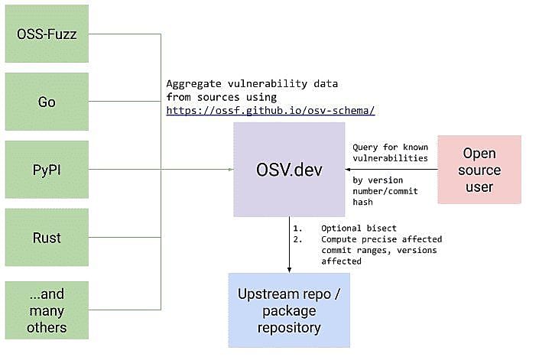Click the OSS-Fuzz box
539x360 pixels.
(47, 34)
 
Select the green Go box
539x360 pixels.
(47, 102)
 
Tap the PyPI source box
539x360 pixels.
(47, 170)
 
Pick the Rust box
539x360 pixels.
(47, 238)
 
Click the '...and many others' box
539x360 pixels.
(47, 310)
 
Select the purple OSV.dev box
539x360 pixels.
(289, 170)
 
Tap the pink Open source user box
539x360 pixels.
(479, 170)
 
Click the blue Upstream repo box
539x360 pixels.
(289, 310)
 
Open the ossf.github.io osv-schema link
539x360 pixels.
(271, 111)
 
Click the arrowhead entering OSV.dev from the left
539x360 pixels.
(232, 170)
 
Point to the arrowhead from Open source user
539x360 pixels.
(348, 170)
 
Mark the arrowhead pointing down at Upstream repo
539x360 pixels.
(289, 271)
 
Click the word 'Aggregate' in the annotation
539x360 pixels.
(194, 84)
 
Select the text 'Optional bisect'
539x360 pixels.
(359, 228)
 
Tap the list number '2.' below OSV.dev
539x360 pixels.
(297, 239)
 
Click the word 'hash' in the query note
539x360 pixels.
(362, 202)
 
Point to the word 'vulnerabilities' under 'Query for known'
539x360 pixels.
(390, 158)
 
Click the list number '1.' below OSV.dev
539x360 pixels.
(297, 228)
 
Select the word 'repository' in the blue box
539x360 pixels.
(289, 328)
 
